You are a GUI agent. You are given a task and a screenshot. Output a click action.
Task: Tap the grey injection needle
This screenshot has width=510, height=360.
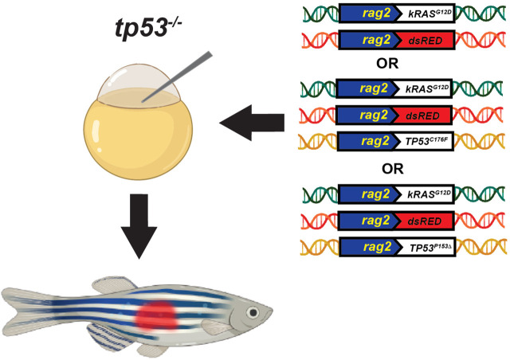[x=177, y=77]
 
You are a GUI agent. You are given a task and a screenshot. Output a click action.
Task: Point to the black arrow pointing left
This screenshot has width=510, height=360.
[x=252, y=123]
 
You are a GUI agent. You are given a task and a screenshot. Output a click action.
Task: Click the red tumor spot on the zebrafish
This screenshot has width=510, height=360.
[x=156, y=315]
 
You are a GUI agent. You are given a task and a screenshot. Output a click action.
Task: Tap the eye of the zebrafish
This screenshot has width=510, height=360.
[x=252, y=312]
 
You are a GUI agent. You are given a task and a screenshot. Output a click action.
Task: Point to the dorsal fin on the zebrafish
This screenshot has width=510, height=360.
[x=114, y=285]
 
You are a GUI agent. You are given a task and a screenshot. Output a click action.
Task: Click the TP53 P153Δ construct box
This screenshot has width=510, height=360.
[x=427, y=247]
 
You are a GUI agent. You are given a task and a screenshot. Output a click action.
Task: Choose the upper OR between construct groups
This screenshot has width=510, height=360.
[x=387, y=64]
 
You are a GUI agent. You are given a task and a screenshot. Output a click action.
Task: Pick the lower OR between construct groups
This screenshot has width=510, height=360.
[x=393, y=169]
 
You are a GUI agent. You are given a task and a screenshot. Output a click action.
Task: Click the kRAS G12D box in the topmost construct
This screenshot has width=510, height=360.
[x=426, y=14]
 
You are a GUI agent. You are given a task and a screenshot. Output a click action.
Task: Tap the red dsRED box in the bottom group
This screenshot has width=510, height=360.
[x=425, y=221]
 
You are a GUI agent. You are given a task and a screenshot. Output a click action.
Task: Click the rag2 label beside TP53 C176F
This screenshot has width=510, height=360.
[x=375, y=141]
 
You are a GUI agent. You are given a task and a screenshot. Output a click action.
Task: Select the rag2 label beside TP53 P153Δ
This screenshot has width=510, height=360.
[x=377, y=246]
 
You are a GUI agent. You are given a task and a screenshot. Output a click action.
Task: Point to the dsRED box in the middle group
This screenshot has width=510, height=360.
[x=423, y=115]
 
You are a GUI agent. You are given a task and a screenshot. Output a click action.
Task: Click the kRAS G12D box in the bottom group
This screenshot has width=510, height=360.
[x=426, y=194]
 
